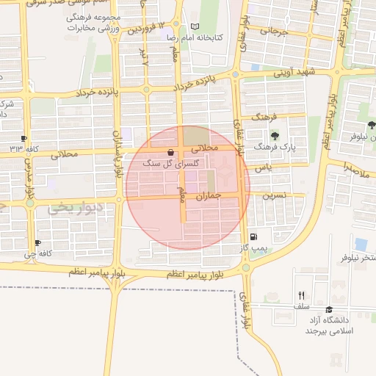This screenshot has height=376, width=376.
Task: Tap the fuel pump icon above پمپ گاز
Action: coord(253,236)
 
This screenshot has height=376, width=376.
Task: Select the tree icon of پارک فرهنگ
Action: coord(275,136)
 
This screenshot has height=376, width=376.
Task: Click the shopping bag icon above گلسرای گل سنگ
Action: coord(171,153)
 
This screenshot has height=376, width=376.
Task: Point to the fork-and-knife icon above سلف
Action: coord(301,295)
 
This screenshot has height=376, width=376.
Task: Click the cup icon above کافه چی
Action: coord(37,243)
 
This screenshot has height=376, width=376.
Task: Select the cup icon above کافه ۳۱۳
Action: coord(24,138)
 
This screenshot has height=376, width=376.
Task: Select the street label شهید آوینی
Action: coord(294,72)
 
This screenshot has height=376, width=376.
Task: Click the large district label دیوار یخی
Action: coord(73,209)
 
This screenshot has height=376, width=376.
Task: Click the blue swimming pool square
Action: coord(361,244)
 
